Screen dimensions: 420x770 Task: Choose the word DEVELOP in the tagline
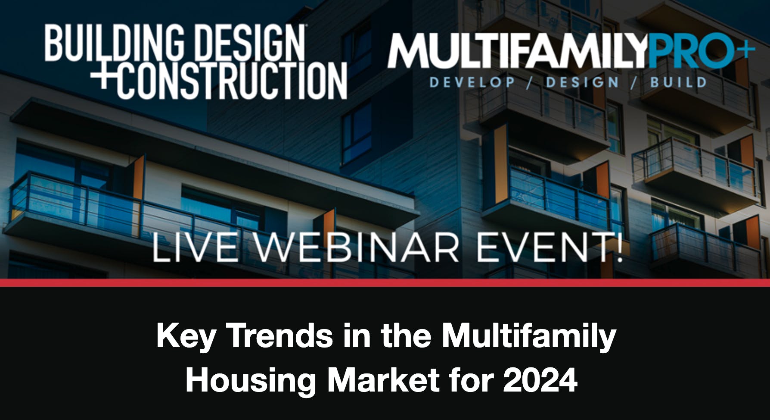[472, 82]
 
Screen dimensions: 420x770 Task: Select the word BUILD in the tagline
[678, 82]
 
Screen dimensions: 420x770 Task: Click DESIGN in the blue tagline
[582, 82]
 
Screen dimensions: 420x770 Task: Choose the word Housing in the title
[251, 381]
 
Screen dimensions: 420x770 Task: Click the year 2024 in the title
[540, 380]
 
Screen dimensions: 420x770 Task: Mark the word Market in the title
[384, 380]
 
